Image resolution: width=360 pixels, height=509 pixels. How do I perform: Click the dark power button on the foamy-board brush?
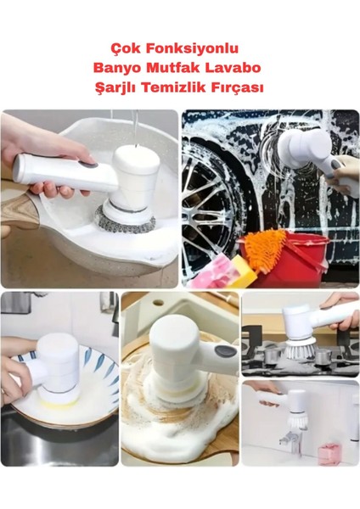coord(223,351)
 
